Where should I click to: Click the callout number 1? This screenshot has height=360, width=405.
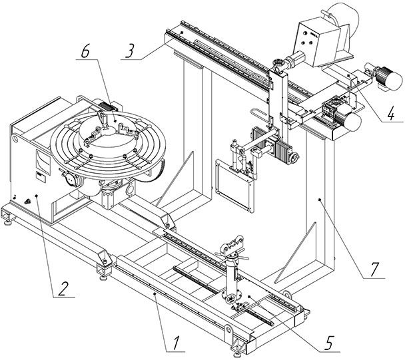tap(177, 343)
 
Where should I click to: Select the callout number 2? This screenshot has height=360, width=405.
tap(63, 289)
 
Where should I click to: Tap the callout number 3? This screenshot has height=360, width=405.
tap(130, 51)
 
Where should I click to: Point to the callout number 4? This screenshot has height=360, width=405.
tap(391, 112)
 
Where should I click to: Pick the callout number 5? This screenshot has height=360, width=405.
tap(329, 343)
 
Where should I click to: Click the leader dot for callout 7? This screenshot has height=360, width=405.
tap(320, 200)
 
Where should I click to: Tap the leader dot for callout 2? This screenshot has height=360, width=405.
tap(36, 196)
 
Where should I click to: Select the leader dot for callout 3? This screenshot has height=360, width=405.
tap(182, 33)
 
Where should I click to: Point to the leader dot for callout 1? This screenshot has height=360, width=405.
tap(155, 294)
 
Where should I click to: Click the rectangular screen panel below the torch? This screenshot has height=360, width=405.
tap(234, 186)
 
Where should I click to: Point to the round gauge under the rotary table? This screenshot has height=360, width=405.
tap(71, 178)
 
